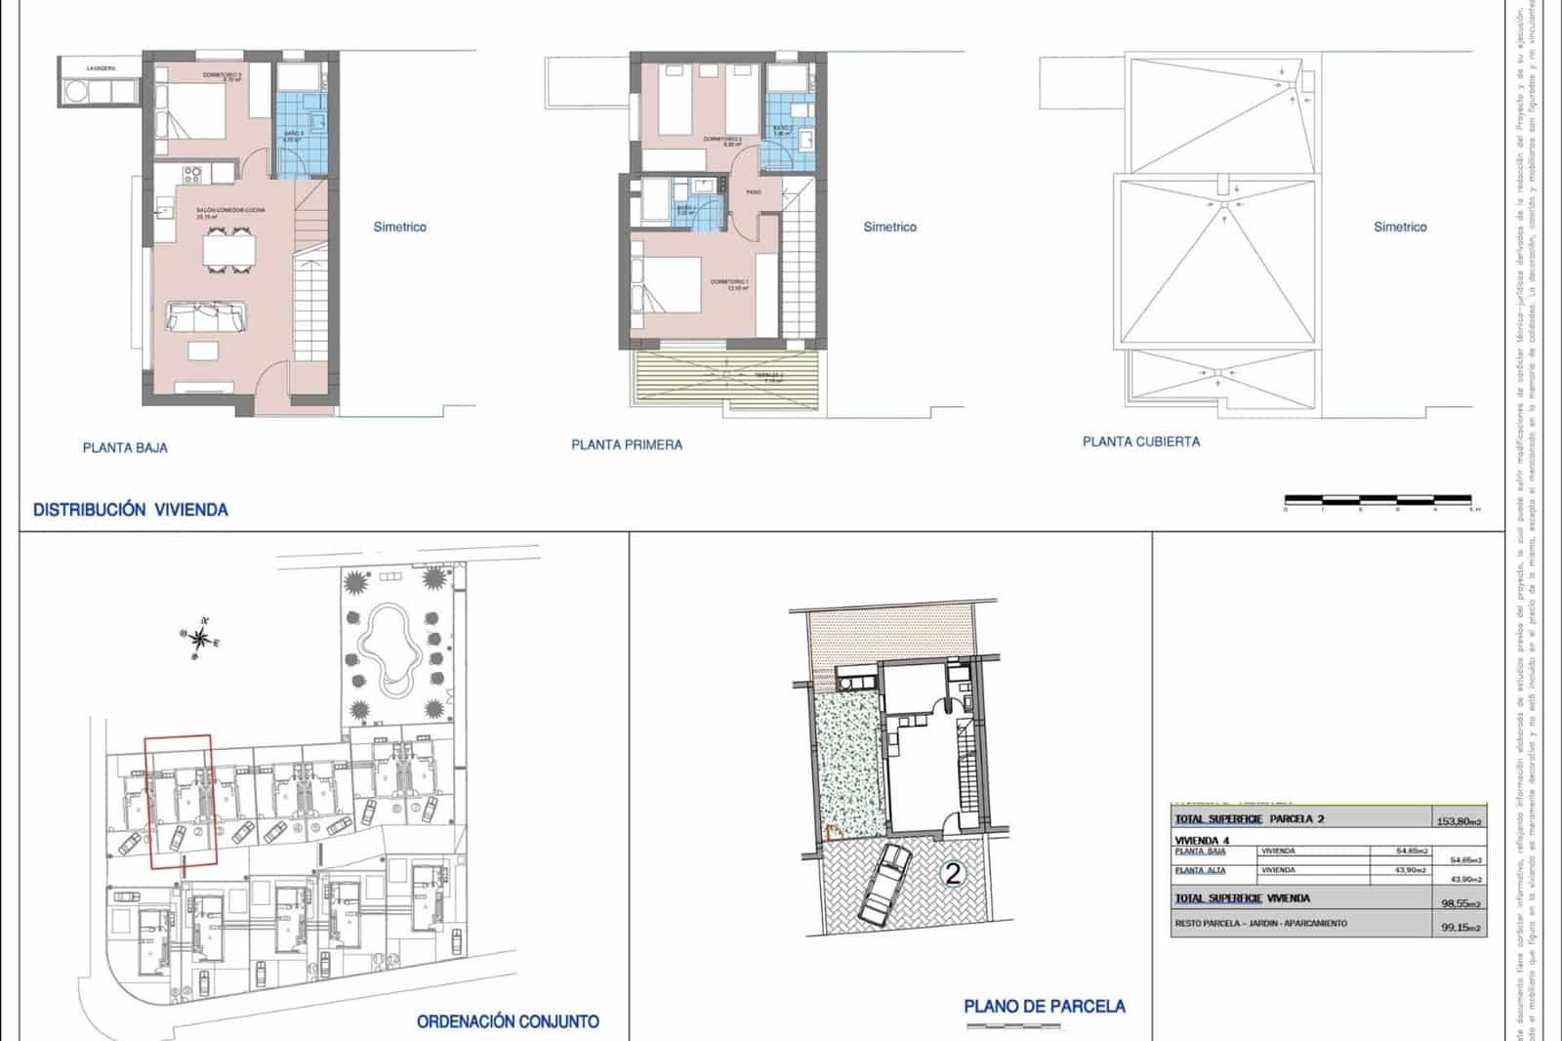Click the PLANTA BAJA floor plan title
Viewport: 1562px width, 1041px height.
(x=125, y=448)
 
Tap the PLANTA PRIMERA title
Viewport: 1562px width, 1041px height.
(x=627, y=445)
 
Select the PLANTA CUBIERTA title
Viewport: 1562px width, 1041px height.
(x=1141, y=441)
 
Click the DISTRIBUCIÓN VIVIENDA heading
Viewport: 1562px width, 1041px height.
(x=131, y=510)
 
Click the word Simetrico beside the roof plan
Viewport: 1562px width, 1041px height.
(x=1400, y=227)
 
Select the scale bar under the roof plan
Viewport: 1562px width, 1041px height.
(x=1378, y=500)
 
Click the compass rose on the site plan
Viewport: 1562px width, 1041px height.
(x=199, y=640)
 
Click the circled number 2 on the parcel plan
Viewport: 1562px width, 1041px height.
(x=953, y=873)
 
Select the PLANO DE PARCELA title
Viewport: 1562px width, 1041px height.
(x=1045, y=1006)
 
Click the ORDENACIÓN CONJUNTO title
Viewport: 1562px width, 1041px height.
(x=508, y=1021)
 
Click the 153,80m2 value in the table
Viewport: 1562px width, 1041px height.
(x=1459, y=821)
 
